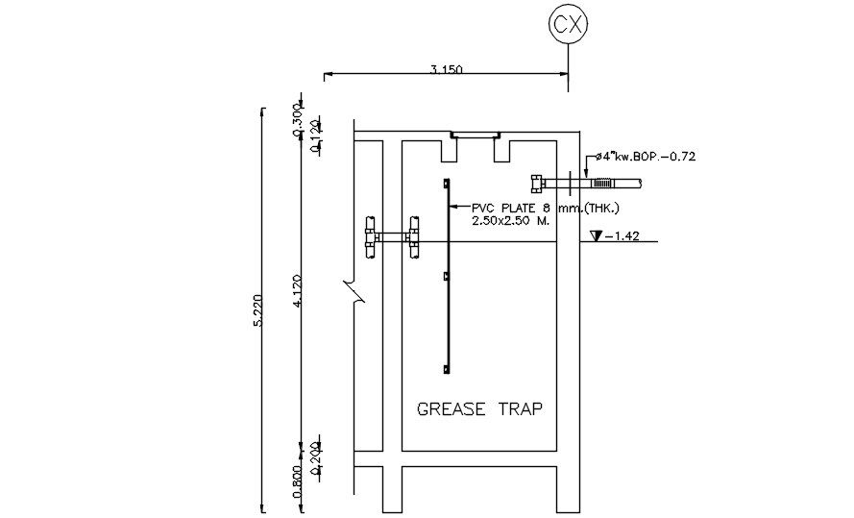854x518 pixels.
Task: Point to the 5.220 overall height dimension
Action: (x=256, y=311)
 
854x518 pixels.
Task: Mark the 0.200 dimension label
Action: (x=314, y=452)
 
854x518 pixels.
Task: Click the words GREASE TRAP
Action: (x=479, y=408)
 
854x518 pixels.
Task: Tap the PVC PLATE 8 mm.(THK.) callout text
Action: (x=545, y=208)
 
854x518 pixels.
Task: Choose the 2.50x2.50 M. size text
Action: (x=510, y=221)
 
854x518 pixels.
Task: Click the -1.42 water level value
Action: (x=620, y=235)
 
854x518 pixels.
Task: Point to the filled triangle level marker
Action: (x=597, y=235)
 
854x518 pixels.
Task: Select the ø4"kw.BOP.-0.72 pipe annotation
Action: (x=645, y=155)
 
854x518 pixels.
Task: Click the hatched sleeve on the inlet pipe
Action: (x=602, y=183)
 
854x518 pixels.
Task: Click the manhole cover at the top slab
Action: (x=476, y=136)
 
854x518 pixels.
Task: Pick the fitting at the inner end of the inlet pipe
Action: (x=537, y=183)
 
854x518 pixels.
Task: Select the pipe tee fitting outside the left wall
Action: (x=370, y=236)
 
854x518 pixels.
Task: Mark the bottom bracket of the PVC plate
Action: (x=447, y=370)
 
